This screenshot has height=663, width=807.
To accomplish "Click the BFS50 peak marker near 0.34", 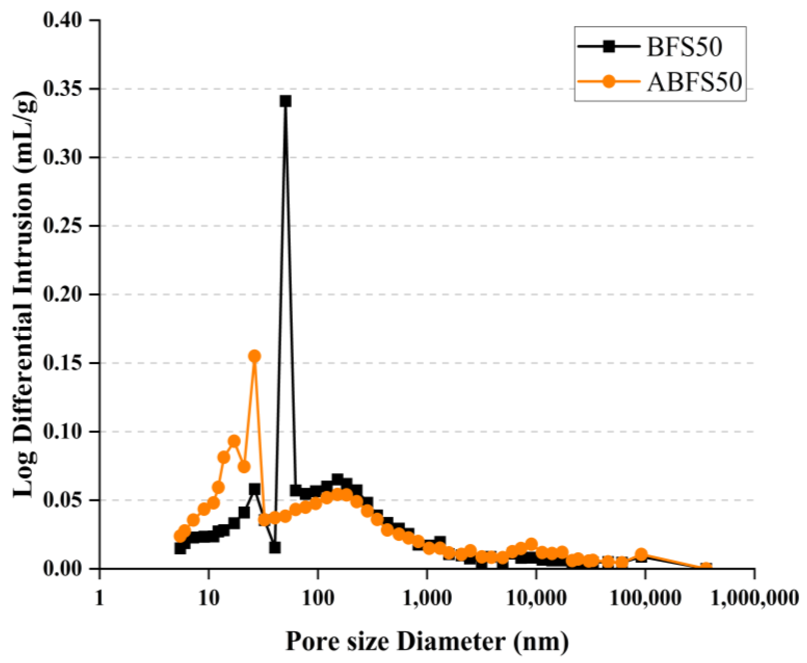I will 285,101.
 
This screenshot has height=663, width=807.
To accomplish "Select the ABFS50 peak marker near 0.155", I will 255,356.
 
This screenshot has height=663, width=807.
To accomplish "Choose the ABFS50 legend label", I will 694,82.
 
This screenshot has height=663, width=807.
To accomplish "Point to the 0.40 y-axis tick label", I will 63,20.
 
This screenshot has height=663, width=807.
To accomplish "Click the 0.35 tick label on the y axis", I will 63,89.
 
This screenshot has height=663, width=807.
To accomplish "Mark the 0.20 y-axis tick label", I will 63,294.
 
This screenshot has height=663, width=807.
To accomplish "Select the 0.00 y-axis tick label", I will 63,569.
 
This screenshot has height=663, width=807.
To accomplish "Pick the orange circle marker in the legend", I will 609,81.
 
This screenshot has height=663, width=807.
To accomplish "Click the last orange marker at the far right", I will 707,567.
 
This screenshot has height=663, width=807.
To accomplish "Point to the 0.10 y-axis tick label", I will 63,432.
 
